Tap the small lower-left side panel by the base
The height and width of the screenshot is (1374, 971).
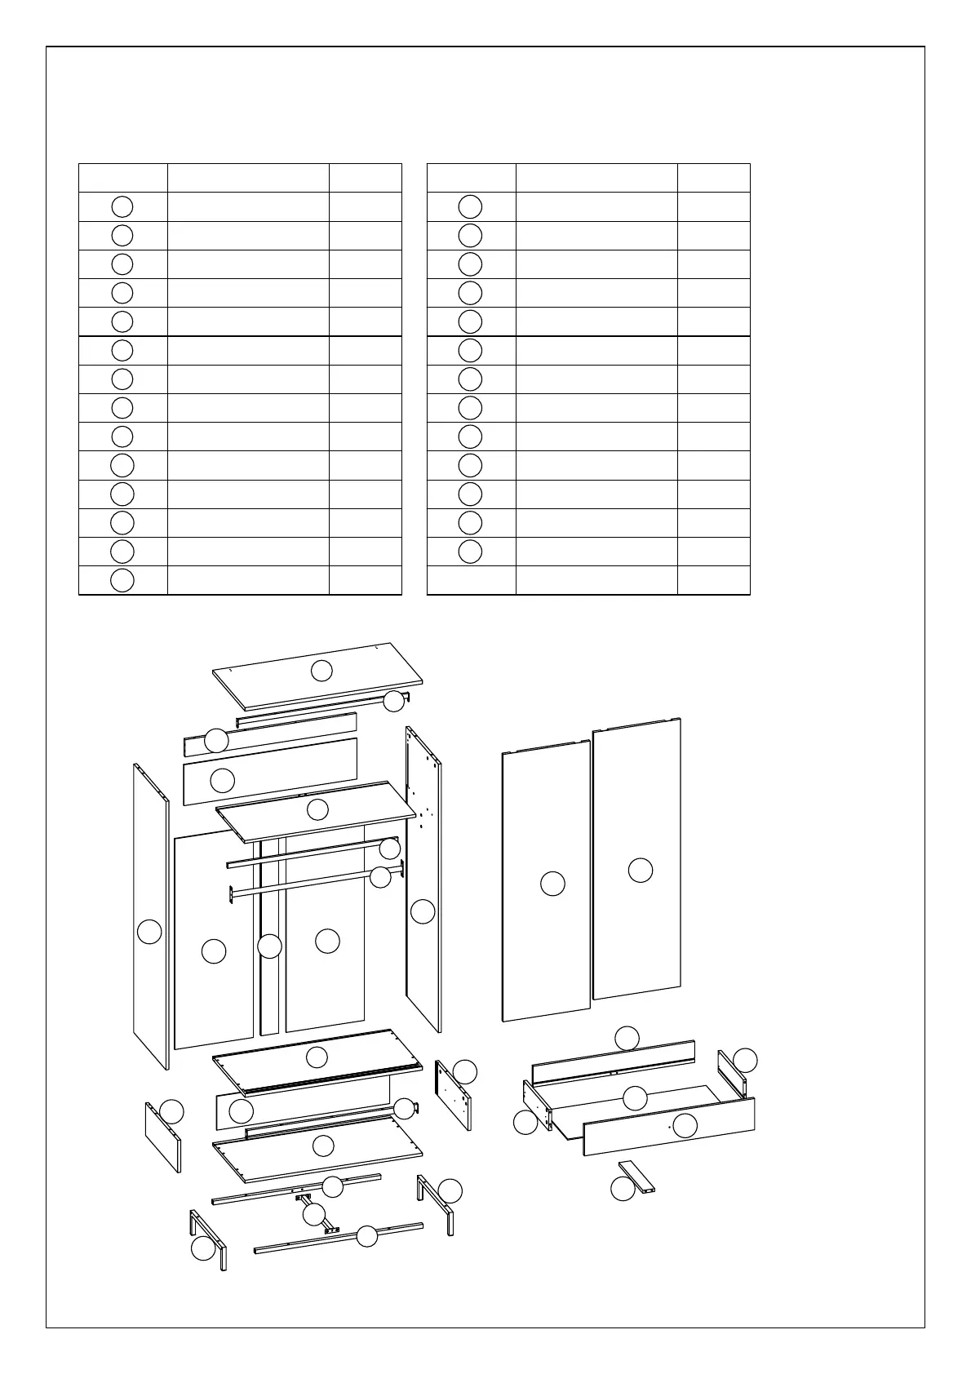pyautogui.click(x=162, y=1138)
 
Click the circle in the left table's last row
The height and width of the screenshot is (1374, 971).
pyautogui.click(x=122, y=580)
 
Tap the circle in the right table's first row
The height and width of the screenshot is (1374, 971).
pyautogui.click(x=470, y=206)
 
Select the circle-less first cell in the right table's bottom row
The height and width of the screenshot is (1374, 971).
pyautogui.click(x=472, y=580)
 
